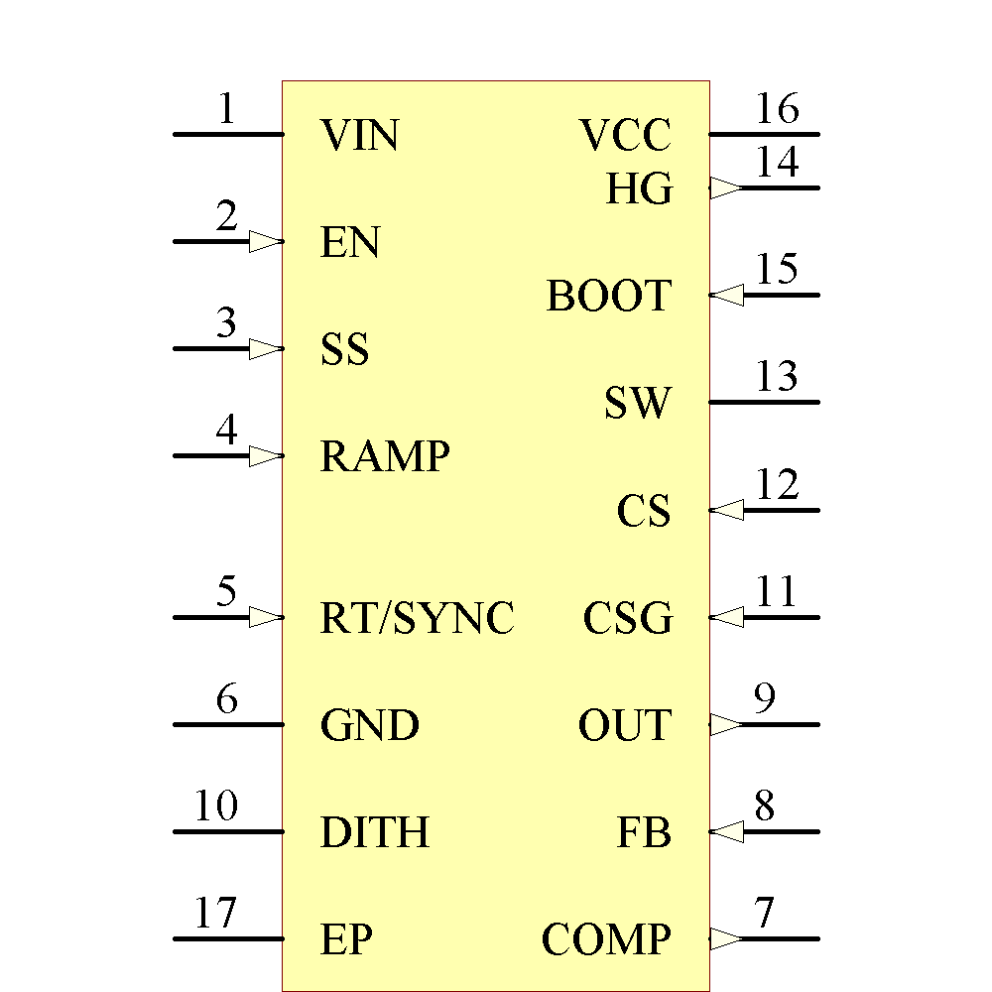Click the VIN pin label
coord(360,135)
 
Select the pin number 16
coord(777,109)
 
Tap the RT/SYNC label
coord(418,618)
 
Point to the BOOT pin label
coord(609,297)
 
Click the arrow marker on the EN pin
coord(266,242)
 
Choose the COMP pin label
coord(606,939)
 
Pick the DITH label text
coord(375,832)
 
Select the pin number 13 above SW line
coord(777,377)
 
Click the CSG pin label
coord(628,619)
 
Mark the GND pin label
coord(370,726)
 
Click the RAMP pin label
coord(385,456)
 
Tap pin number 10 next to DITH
coord(215,806)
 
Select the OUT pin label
coord(625,726)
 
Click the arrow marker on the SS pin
coord(266,349)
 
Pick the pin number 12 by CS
coord(777,485)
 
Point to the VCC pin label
coord(626,135)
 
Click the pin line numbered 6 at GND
coord(228,724)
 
